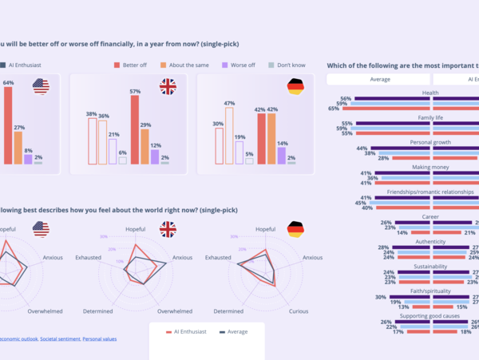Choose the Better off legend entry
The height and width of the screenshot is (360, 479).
(135, 64)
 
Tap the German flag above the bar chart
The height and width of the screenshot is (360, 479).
(295, 86)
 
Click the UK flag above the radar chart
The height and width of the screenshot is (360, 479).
(168, 229)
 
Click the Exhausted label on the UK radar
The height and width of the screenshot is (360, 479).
(88, 258)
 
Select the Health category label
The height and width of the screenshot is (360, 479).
(430, 93)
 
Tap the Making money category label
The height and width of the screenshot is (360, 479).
(430, 167)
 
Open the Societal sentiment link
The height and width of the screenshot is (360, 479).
(60, 338)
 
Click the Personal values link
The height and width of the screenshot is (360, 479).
(100, 338)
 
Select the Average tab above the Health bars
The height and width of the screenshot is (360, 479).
(379, 79)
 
